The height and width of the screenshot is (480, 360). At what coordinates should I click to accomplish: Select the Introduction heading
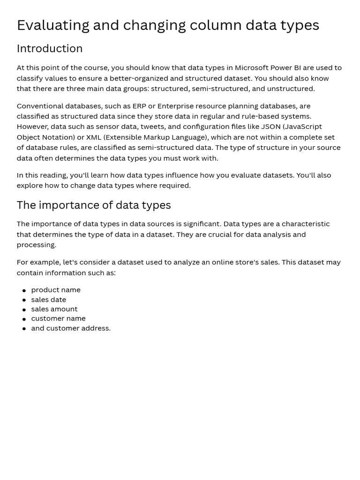click(x=50, y=49)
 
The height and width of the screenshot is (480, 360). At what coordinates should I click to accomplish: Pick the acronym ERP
click(x=139, y=106)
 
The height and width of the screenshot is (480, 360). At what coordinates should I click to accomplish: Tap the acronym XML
click(x=93, y=137)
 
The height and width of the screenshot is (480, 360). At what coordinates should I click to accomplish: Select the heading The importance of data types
click(x=94, y=205)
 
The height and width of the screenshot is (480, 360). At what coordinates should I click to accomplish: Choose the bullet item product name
click(x=56, y=290)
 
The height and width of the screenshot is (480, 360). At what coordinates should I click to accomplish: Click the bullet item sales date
click(x=49, y=300)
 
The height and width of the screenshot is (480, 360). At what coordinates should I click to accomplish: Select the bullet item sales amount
click(x=54, y=309)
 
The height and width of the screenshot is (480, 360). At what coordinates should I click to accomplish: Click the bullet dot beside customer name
click(x=24, y=319)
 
